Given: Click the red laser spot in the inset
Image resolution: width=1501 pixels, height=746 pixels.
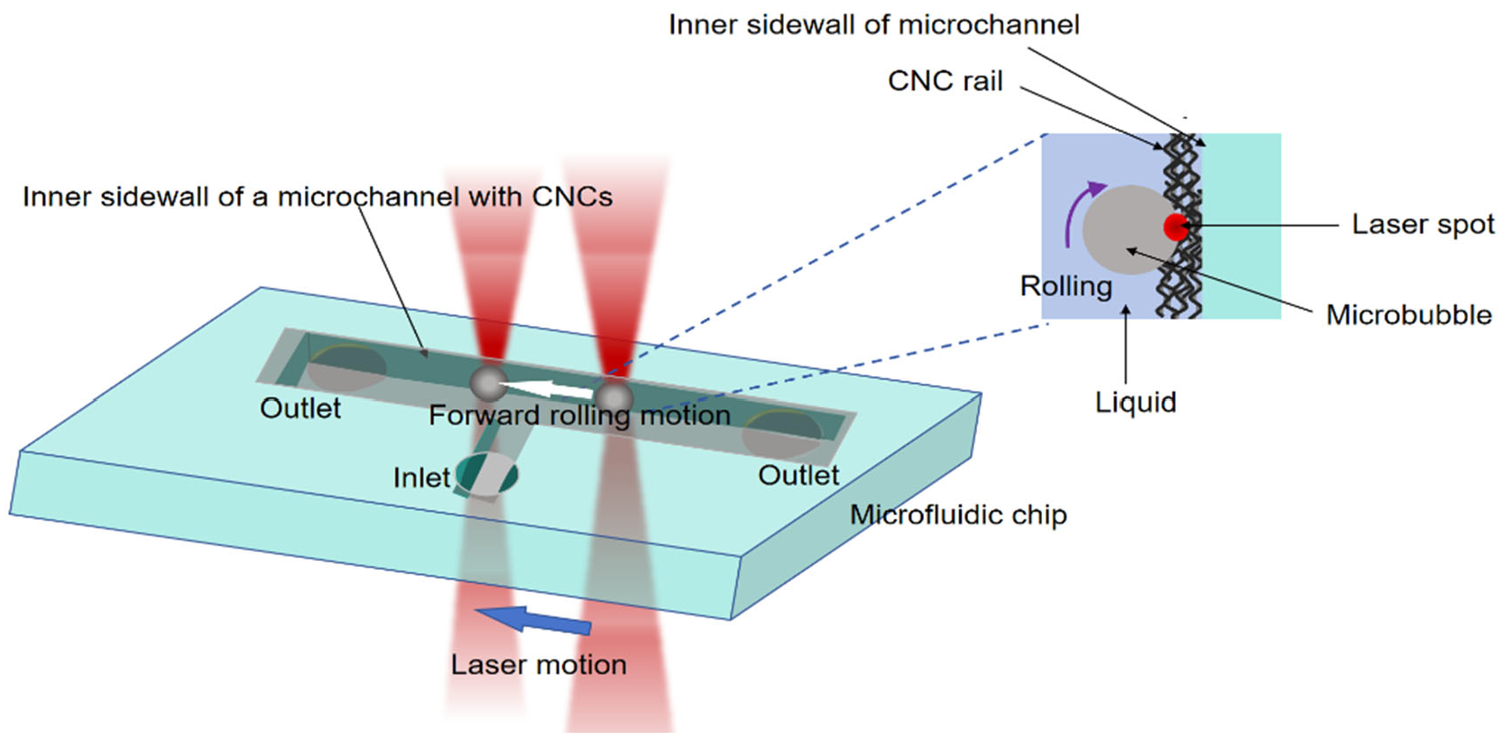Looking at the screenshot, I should (x=1176, y=226).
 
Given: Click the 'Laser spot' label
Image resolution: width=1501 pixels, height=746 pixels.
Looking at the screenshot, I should (x=1423, y=225).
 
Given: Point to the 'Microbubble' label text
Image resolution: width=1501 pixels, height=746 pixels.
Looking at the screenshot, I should (x=1409, y=314).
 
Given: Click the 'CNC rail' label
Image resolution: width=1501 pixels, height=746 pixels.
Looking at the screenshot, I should (x=944, y=81).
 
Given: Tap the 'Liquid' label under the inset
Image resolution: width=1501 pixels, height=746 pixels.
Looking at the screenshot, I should (x=1135, y=403).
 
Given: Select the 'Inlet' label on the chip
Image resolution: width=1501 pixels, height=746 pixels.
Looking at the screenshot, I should (x=421, y=477).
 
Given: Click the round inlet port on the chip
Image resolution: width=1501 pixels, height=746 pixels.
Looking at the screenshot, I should (x=487, y=474).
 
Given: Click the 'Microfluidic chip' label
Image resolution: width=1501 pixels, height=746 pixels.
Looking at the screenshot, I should (x=958, y=514).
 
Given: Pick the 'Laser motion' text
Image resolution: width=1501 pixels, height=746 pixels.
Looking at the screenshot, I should (x=538, y=664).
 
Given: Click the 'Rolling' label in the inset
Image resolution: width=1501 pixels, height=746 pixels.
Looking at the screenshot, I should (x=1066, y=286).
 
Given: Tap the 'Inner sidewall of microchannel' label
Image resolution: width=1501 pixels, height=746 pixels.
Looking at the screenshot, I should (x=873, y=25).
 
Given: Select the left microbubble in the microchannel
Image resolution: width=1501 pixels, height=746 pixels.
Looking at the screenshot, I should (x=487, y=382).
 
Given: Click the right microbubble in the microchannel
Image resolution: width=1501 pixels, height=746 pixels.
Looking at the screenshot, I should (x=614, y=396).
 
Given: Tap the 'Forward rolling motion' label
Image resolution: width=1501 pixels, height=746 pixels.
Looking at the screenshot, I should (x=580, y=415).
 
